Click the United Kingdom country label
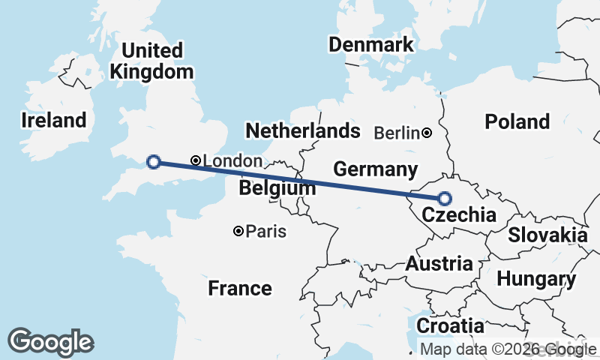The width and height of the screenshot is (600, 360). [151, 61]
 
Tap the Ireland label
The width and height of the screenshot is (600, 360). [53, 120]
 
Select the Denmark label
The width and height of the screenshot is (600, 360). [370, 44]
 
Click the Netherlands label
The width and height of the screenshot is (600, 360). [302, 131]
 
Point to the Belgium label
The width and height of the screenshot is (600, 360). [277, 188]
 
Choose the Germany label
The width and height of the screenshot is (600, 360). [375, 169]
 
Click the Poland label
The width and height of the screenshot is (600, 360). [517, 121]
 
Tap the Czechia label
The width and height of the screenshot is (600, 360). [458, 216]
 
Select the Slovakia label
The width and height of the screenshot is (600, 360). [547, 235]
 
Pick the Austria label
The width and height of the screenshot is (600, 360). [439, 263]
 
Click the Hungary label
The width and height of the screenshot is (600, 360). [535, 279]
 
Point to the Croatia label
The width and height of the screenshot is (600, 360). [450, 326]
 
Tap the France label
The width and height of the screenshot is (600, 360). [239, 288]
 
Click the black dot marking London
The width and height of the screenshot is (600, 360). [196, 160]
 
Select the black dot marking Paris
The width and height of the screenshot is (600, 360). [238, 231]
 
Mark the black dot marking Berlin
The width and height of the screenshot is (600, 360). [427, 133]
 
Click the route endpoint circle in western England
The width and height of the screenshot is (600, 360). [153, 161]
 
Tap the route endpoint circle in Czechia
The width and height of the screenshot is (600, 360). [445, 199]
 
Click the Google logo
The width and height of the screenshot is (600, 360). [50, 342]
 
